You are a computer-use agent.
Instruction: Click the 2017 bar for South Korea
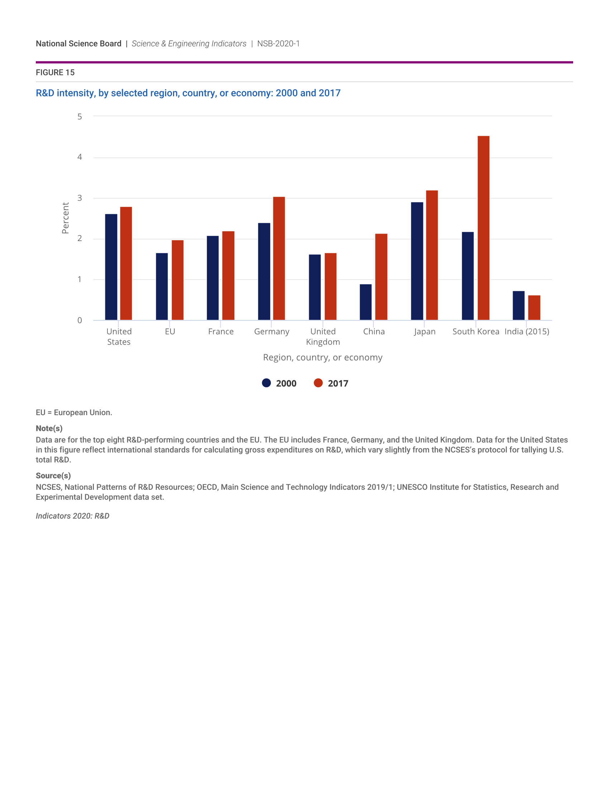click(x=484, y=228)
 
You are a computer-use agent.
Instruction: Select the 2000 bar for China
click(x=365, y=302)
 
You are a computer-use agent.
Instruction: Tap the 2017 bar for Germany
click(x=279, y=258)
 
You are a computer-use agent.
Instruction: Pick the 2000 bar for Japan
click(x=417, y=261)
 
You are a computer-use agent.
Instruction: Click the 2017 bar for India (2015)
click(x=534, y=307)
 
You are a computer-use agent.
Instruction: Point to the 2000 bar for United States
click(x=111, y=267)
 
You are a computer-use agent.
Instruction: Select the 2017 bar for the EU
click(x=177, y=280)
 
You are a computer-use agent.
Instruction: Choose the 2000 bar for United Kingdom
click(x=315, y=287)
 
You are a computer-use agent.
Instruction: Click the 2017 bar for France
click(x=228, y=276)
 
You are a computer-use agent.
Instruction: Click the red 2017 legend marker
click(x=318, y=383)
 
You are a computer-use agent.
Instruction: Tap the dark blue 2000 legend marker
click(x=266, y=383)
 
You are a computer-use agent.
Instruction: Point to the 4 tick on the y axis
click(x=80, y=157)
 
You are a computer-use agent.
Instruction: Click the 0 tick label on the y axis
click(x=80, y=320)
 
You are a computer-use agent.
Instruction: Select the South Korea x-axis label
click(x=475, y=331)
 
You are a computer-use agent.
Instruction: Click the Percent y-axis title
click(x=65, y=218)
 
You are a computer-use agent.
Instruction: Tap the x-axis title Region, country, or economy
click(x=322, y=357)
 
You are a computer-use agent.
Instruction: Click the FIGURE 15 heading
click(x=55, y=72)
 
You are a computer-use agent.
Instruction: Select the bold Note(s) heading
click(x=49, y=428)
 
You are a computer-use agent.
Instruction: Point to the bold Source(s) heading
click(x=53, y=476)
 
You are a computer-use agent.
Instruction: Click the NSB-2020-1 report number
click(x=278, y=44)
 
